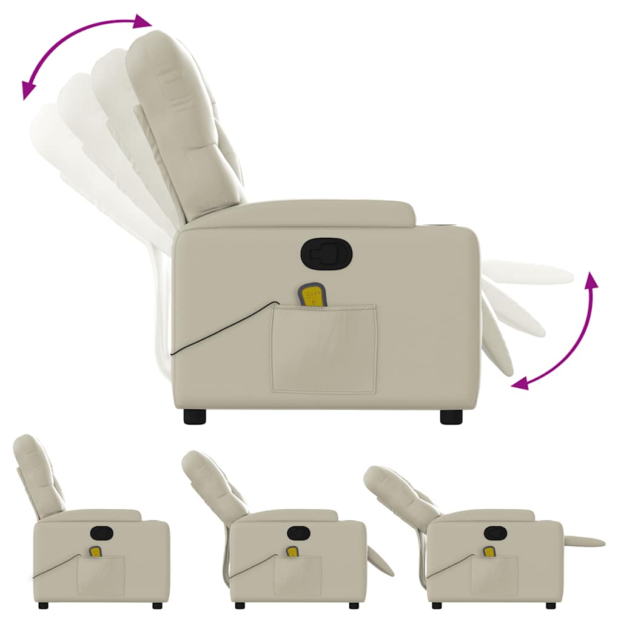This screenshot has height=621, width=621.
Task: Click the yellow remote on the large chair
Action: [x=314, y=296]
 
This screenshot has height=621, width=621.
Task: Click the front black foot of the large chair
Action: [x=451, y=417]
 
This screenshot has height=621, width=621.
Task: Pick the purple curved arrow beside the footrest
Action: [x=567, y=332]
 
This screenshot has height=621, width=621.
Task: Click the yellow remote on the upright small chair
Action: [x=95, y=552]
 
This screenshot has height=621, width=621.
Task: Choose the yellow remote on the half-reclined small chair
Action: [x=292, y=552]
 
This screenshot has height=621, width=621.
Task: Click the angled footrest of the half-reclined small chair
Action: [x=380, y=561]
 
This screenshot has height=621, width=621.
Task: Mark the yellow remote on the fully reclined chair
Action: [x=489, y=552]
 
